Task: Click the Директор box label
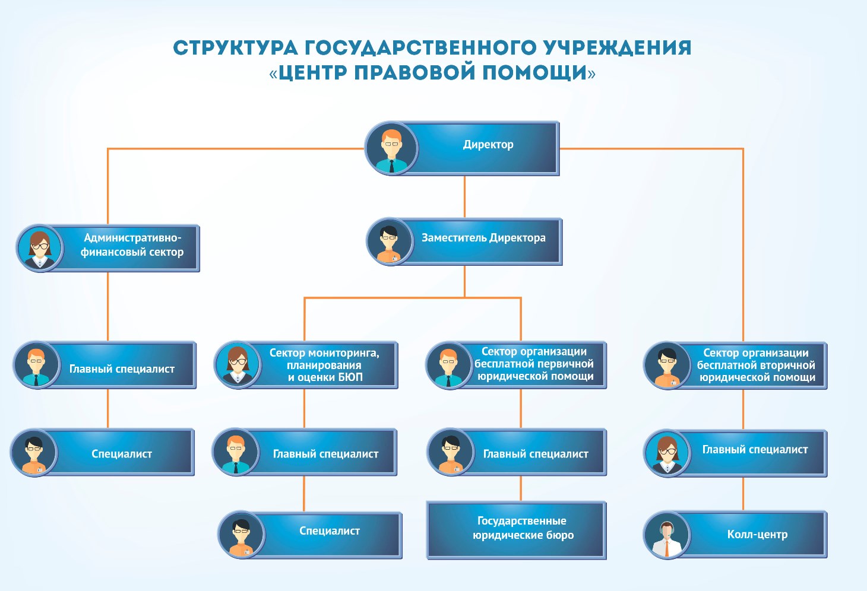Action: tap(488, 145)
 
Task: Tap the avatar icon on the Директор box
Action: tap(391, 148)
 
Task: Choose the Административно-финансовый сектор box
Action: tap(132, 245)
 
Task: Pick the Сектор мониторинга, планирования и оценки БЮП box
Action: tap(324, 365)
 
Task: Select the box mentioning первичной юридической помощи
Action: tap(534, 364)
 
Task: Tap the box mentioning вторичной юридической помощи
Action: tap(755, 365)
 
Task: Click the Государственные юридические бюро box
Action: tap(523, 528)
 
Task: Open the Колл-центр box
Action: tap(757, 535)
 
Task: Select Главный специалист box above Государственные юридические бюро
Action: tap(535, 454)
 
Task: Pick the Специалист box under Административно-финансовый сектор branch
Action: tap(122, 454)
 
